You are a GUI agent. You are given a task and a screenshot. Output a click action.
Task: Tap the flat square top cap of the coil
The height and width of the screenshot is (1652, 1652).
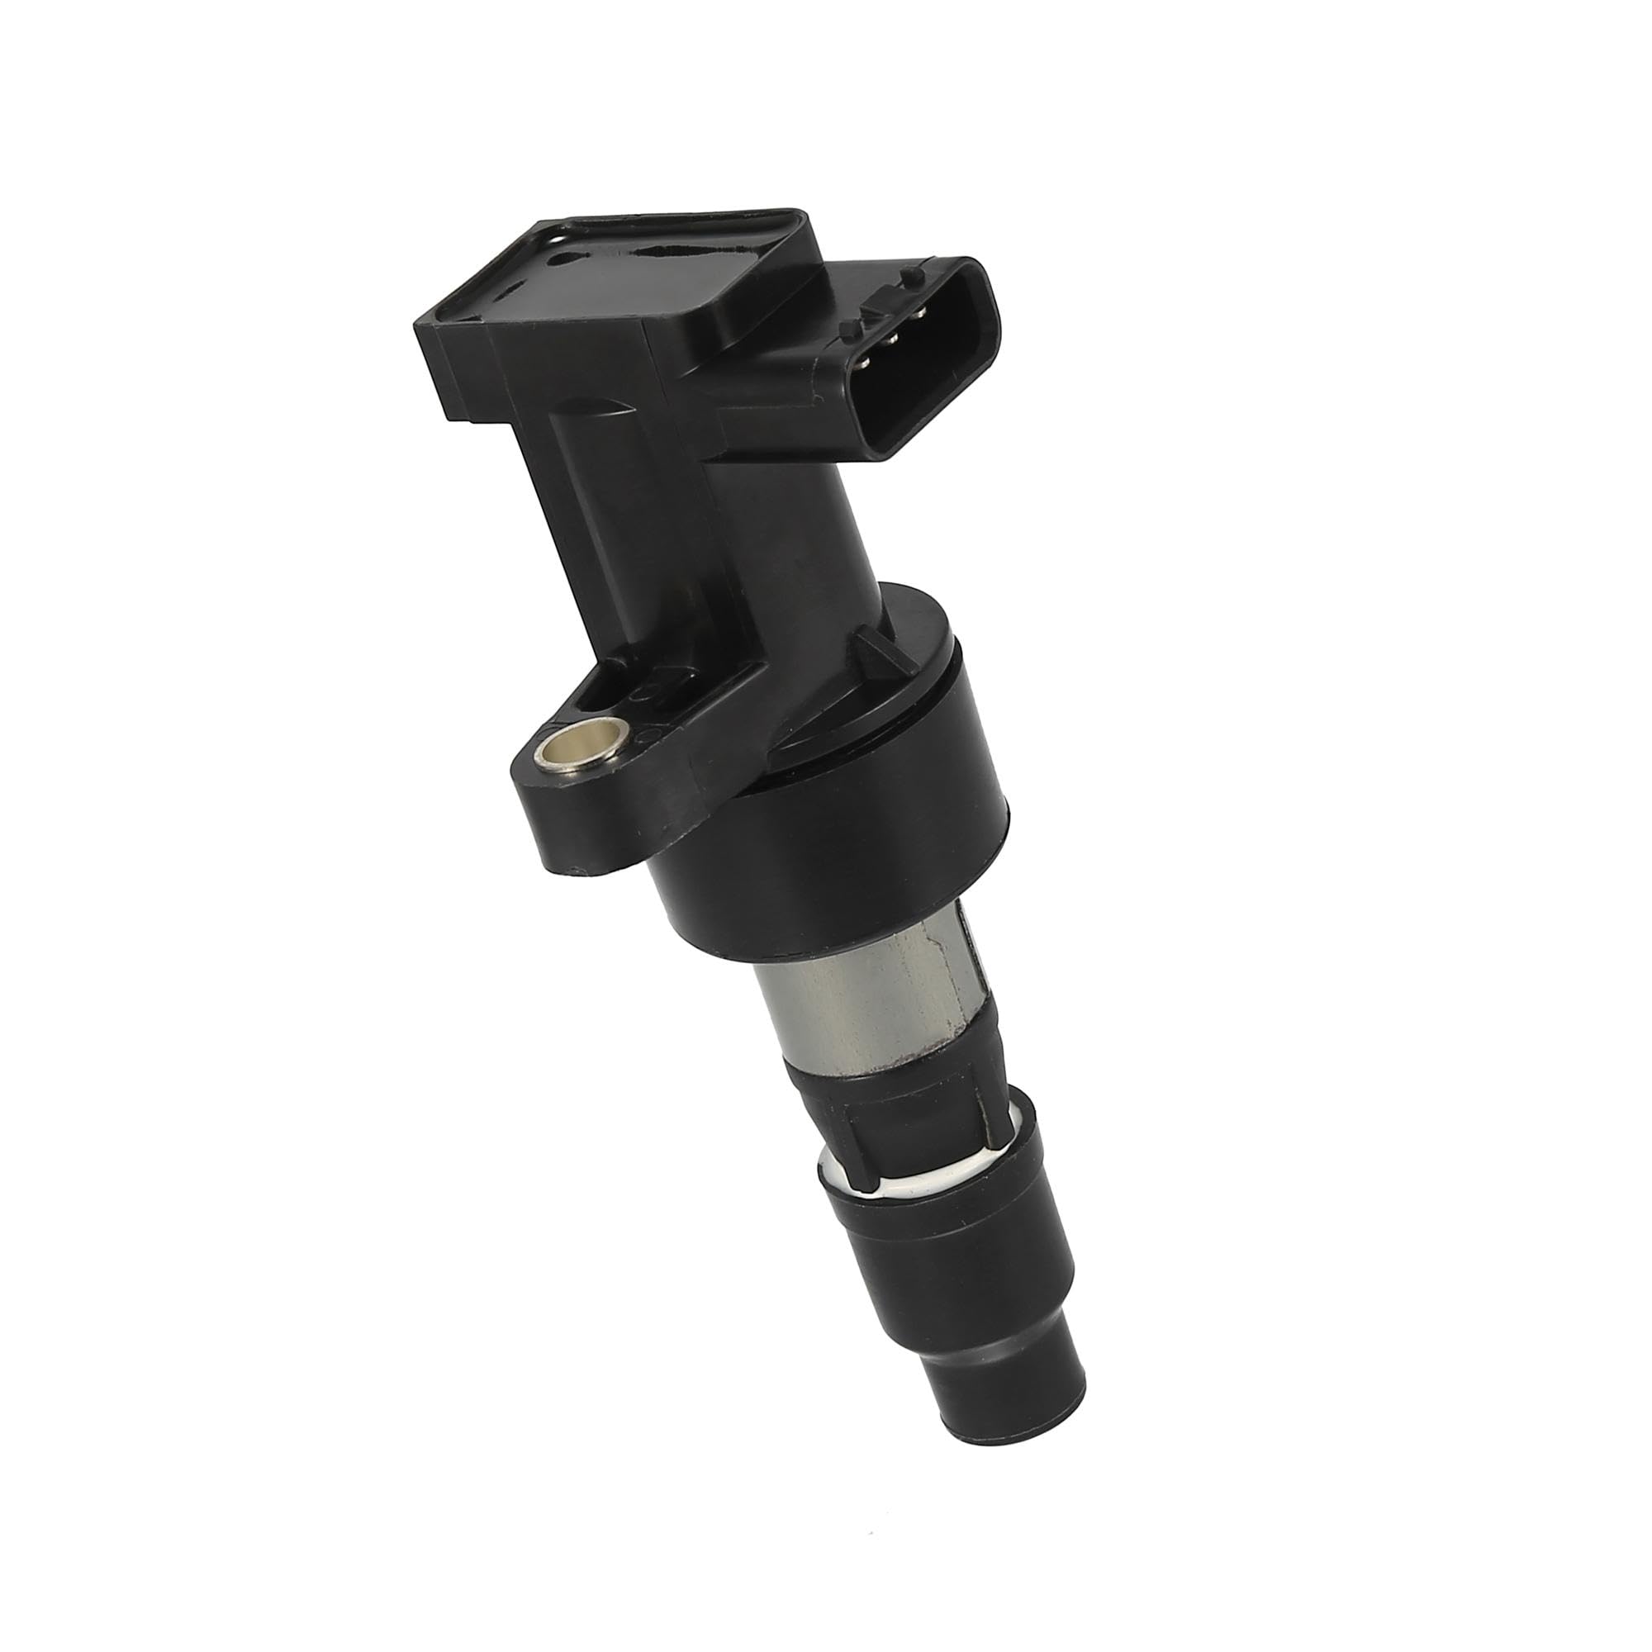tap(624, 282)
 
